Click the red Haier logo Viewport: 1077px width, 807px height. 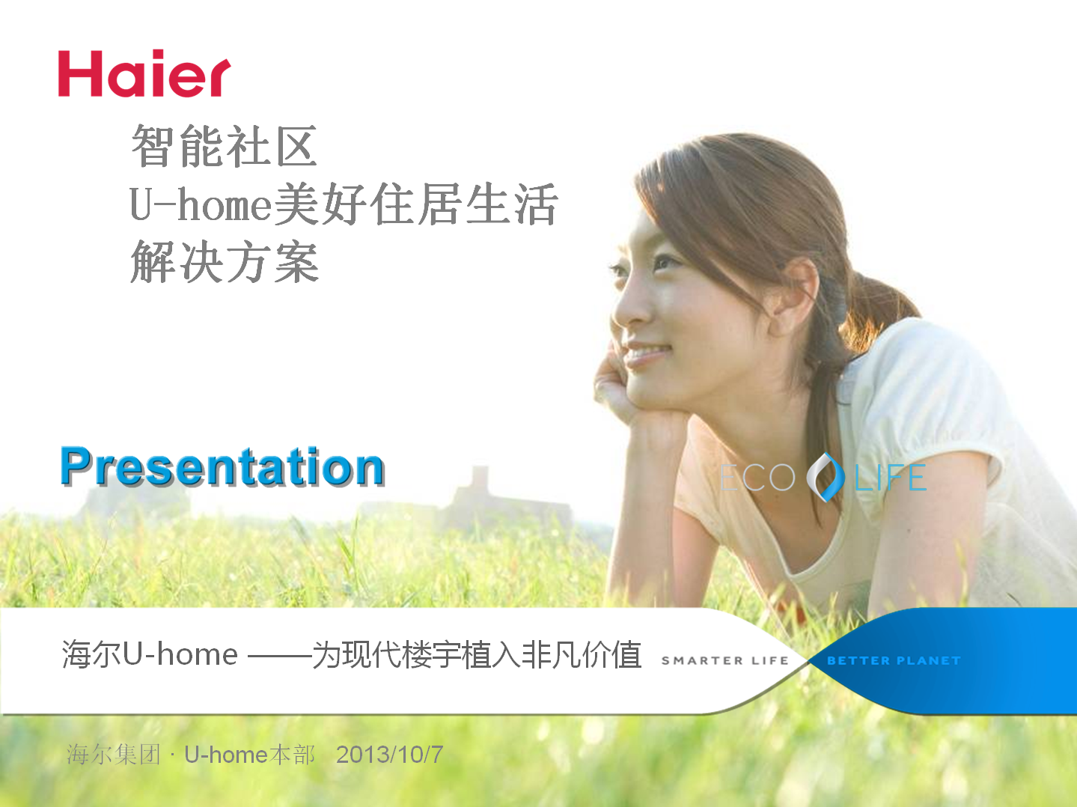144,73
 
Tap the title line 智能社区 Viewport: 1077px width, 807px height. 225,146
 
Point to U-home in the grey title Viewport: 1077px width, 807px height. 200,204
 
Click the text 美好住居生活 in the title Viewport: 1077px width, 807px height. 416,204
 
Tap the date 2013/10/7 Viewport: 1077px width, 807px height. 390,755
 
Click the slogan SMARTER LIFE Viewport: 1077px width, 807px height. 725,661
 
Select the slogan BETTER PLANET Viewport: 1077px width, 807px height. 894,661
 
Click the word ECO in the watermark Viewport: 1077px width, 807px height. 757,478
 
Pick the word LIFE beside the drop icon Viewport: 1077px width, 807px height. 890,478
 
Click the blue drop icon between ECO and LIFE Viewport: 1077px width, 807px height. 826,478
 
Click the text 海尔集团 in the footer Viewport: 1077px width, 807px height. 113,755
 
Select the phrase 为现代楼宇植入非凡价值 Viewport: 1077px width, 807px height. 477,655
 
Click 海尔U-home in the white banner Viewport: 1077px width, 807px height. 150,654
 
